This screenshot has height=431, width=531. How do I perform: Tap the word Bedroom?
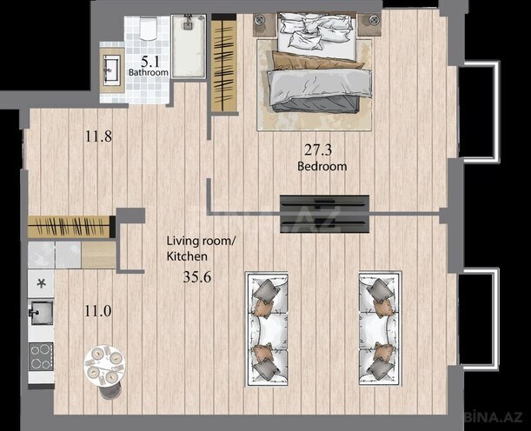click(322, 166)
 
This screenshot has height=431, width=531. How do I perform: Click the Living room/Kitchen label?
click(200, 250)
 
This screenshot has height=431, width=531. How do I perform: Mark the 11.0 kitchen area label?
click(96, 308)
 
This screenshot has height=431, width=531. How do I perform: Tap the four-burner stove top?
click(41, 357)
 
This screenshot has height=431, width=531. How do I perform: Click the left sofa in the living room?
click(268, 327)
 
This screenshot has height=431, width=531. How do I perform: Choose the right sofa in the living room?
click(379, 327)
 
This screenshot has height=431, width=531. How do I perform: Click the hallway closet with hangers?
click(71, 226)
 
